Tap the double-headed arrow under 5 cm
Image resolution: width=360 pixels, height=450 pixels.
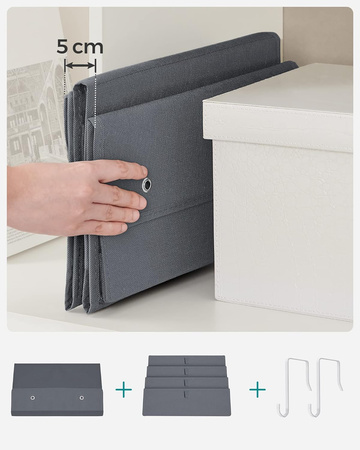[x=80, y=65]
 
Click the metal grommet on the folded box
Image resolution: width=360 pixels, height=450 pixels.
[x=146, y=185]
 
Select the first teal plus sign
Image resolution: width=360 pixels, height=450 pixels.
[x=123, y=389]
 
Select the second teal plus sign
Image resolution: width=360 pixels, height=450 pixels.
[x=258, y=389]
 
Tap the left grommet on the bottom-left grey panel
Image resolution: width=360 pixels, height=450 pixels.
[x=33, y=397]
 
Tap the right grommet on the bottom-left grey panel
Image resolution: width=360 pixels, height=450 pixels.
[x=82, y=397]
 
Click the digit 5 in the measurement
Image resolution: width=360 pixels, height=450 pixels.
[x=62, y=47]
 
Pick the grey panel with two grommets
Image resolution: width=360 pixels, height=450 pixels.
[x=58, y=390]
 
